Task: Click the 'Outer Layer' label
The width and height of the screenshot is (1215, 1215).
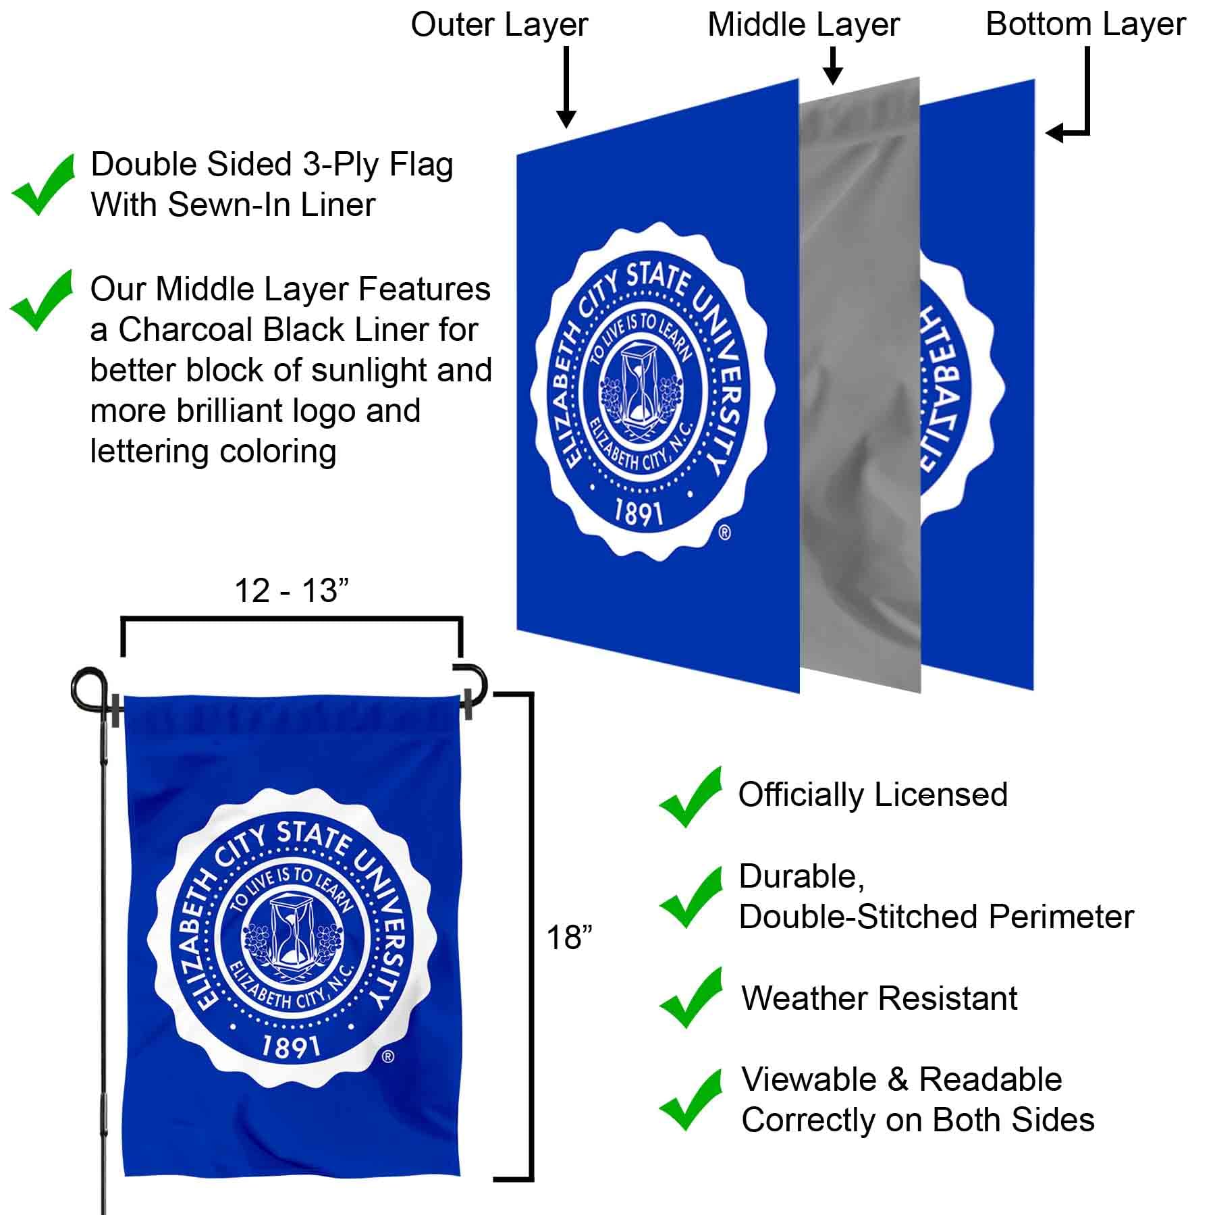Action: point(499,25)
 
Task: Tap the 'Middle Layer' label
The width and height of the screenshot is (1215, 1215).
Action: point(803,25)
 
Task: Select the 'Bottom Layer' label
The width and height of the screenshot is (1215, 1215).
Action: point(1085,24)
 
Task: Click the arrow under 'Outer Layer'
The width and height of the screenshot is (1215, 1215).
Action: point(566,88)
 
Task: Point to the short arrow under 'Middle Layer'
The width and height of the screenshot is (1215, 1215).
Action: point(834,66)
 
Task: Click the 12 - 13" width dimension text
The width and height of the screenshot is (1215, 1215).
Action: point(292,591)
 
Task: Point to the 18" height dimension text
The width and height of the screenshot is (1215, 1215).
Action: point(569,938)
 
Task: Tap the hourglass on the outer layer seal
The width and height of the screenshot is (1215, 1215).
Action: point(638,385)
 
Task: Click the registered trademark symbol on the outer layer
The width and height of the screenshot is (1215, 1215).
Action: point(724,533)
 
